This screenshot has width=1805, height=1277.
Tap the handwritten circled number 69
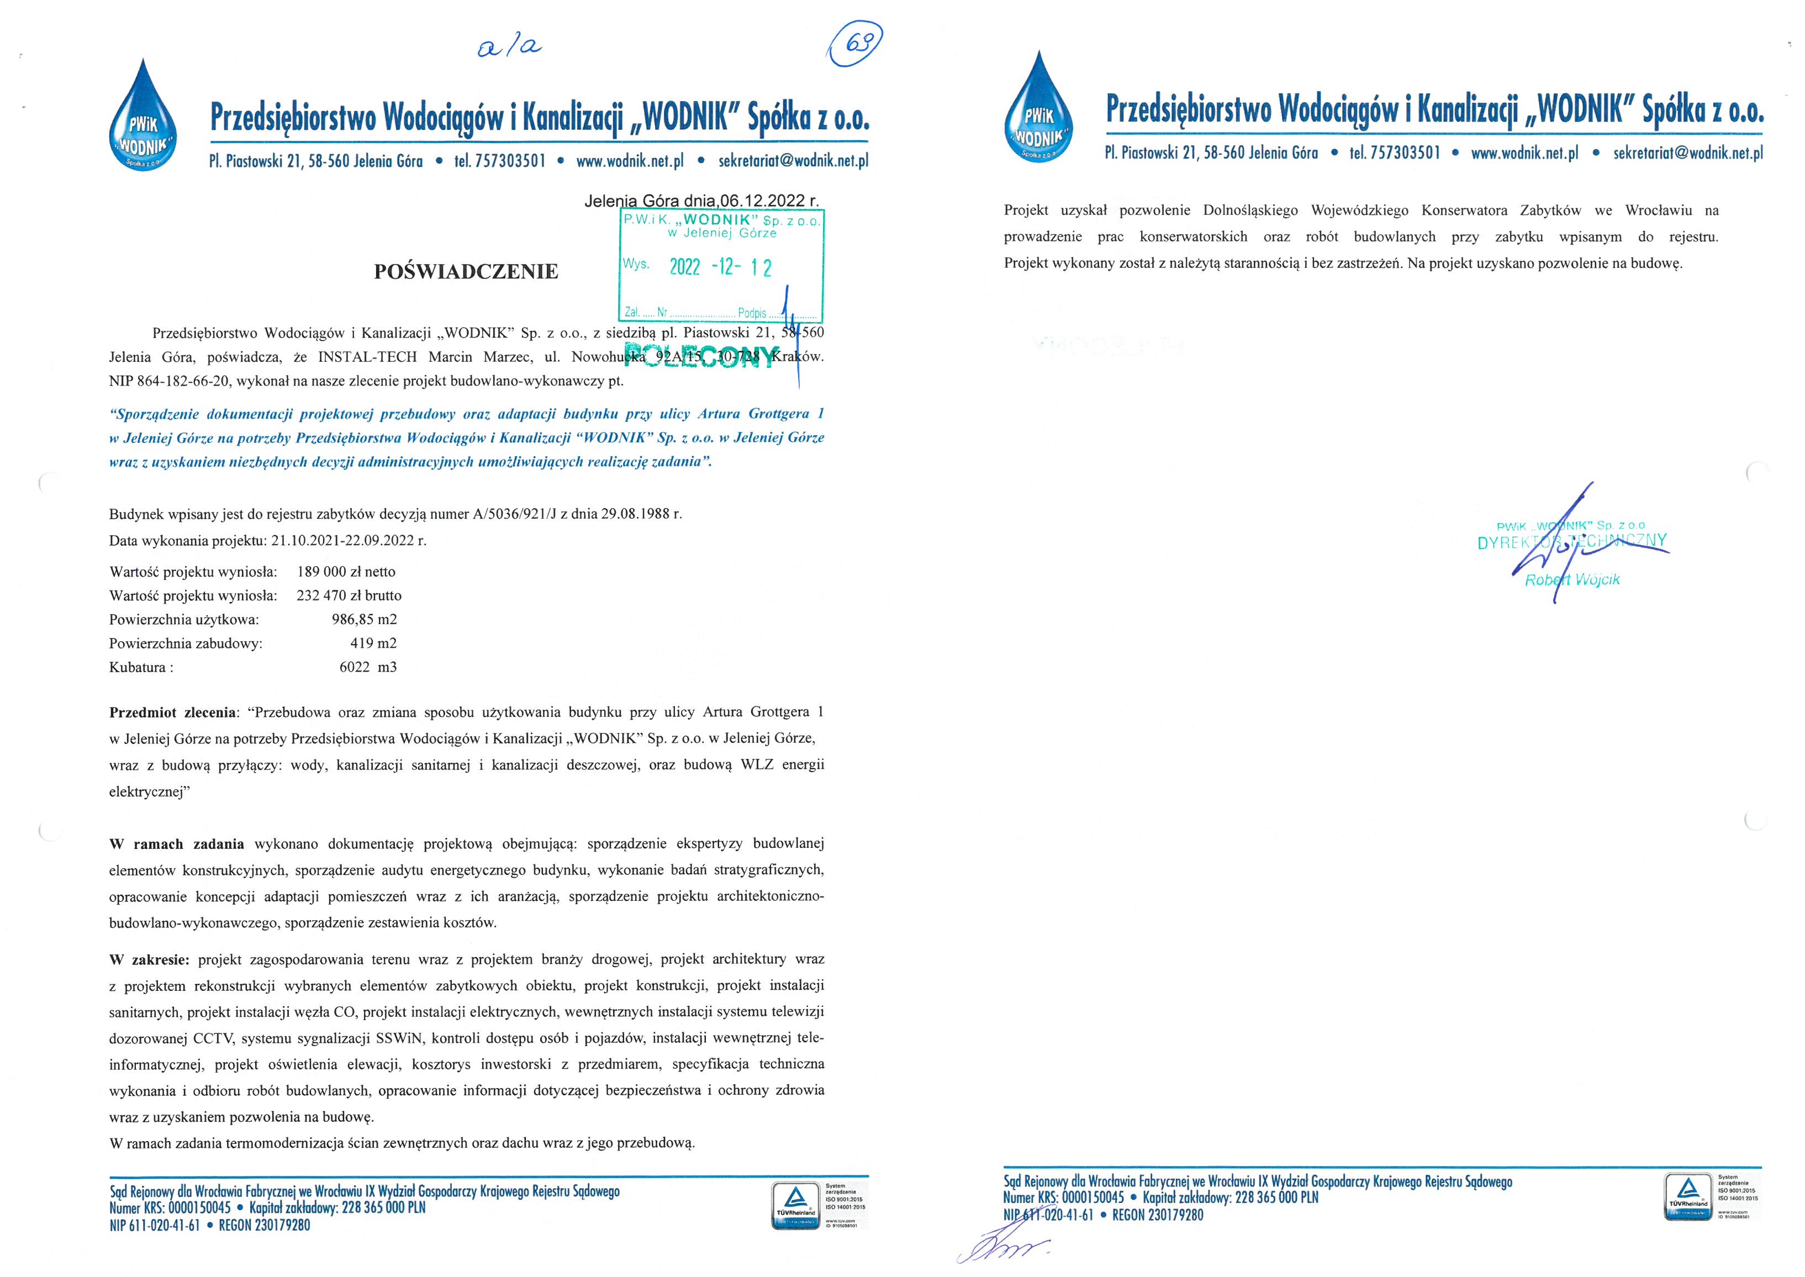coord(857,43)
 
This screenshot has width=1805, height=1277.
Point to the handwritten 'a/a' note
coord(509,46)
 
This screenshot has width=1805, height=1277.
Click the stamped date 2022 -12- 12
coord(720,267)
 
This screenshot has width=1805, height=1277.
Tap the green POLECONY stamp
coord(702,355)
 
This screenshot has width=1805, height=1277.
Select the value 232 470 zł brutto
coord(349,595)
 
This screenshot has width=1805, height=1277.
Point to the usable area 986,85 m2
coord(364,619)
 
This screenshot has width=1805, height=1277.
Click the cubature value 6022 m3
coord(368,667)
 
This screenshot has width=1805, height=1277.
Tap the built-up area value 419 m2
coord(373,643)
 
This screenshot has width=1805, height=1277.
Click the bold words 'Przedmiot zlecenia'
coord(173,713)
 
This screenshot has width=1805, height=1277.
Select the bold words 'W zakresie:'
coord(149,959)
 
